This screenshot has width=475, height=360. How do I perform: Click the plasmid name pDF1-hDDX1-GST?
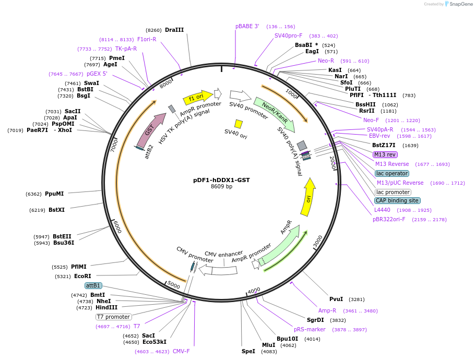(x=221, y=180)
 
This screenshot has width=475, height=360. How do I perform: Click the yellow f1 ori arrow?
(x=198, y=98)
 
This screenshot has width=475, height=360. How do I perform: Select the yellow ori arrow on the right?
(x=308, y=197)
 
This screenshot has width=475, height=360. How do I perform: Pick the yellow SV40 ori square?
(x=239, y=124)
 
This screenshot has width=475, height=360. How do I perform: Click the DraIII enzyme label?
(x=174, y=30)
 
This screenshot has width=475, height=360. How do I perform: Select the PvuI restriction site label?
(x=336, y=299)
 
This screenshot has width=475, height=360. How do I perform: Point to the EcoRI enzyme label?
(x=82, y=276)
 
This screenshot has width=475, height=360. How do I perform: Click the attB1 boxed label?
(x=93, y=285)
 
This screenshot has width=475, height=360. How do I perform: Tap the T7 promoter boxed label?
(x=113, y=317)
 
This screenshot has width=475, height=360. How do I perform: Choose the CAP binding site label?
(x=397, y=200)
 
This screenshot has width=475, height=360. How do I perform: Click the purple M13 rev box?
(x=385, y=154)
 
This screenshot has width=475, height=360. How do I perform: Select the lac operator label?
(x=392, y=173)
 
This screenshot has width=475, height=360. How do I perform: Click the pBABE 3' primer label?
(x=247, y=26)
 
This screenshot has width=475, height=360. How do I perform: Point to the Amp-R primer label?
(x=327, y=310)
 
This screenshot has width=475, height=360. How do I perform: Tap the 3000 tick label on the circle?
(x=318, y=242)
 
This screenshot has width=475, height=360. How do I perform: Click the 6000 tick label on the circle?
(x=117, y=227)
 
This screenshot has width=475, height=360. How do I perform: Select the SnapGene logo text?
(x=459, y=4)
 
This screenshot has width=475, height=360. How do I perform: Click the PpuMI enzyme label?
(x=54, y=194)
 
